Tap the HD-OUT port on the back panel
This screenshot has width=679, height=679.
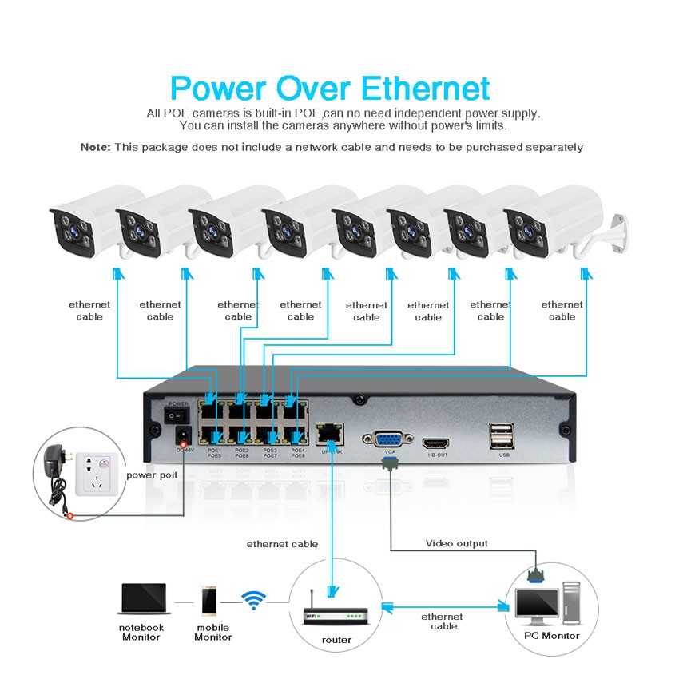436,442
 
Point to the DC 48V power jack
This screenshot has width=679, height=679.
181,436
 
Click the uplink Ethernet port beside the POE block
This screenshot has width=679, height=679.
328,436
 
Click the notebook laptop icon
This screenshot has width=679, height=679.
144,600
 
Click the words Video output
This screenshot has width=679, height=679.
456,543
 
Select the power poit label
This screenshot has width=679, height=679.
152,475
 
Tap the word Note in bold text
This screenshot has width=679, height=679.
95,147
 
